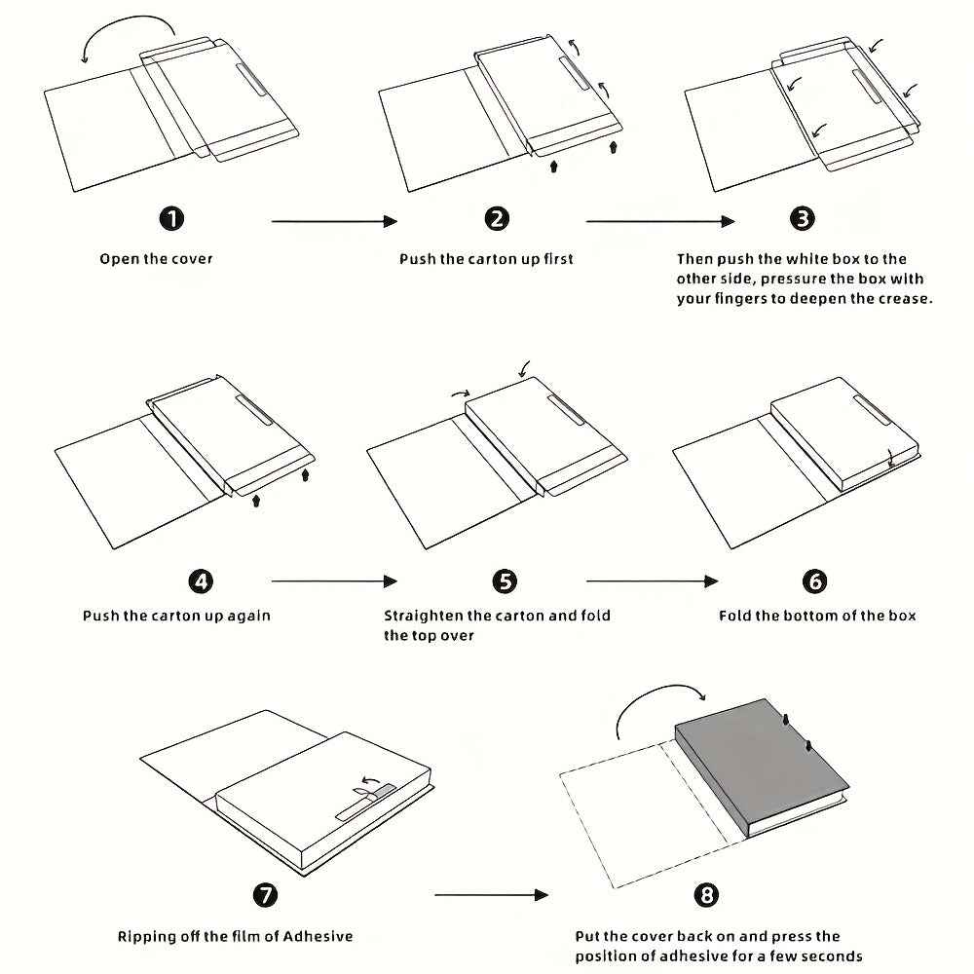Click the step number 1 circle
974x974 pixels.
[x=171, y=219]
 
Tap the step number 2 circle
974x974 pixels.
[x=497, y=219]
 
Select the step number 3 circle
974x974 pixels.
[x=803, y=219]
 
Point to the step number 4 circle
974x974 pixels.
[x=201, y=581]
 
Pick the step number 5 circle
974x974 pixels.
[x=505, y=581]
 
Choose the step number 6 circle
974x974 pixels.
[x=815, y=581]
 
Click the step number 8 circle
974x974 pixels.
[x=707, y=894]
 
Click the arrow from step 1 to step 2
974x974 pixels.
[x=334, y=222]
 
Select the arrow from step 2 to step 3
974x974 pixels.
[x=659, y=222]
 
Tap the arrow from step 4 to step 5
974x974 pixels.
[x=334, y=581]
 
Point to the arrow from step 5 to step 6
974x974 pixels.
[x=652, y=581]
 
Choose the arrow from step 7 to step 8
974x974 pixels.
[x=492, y=894]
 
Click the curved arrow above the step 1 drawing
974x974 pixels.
[x=127, y=33]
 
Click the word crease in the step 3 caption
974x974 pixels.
[x=905, y=299]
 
